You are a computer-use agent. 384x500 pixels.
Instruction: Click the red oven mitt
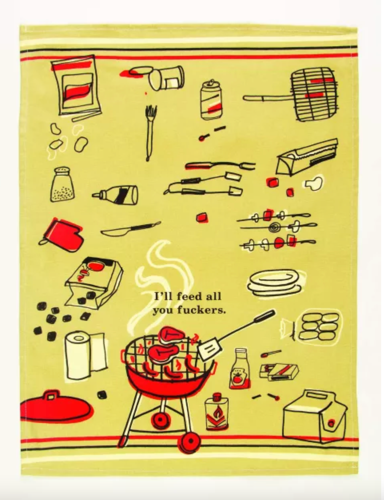click(x=62, y=235)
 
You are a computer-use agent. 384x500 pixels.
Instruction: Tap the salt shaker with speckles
click(x=62, y=185)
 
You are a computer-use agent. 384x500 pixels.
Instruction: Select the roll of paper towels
click(x=85, y=355)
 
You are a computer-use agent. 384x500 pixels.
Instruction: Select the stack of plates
click(x=276, y=283)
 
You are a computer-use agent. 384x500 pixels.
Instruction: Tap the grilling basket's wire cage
click(x=315, y=94)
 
